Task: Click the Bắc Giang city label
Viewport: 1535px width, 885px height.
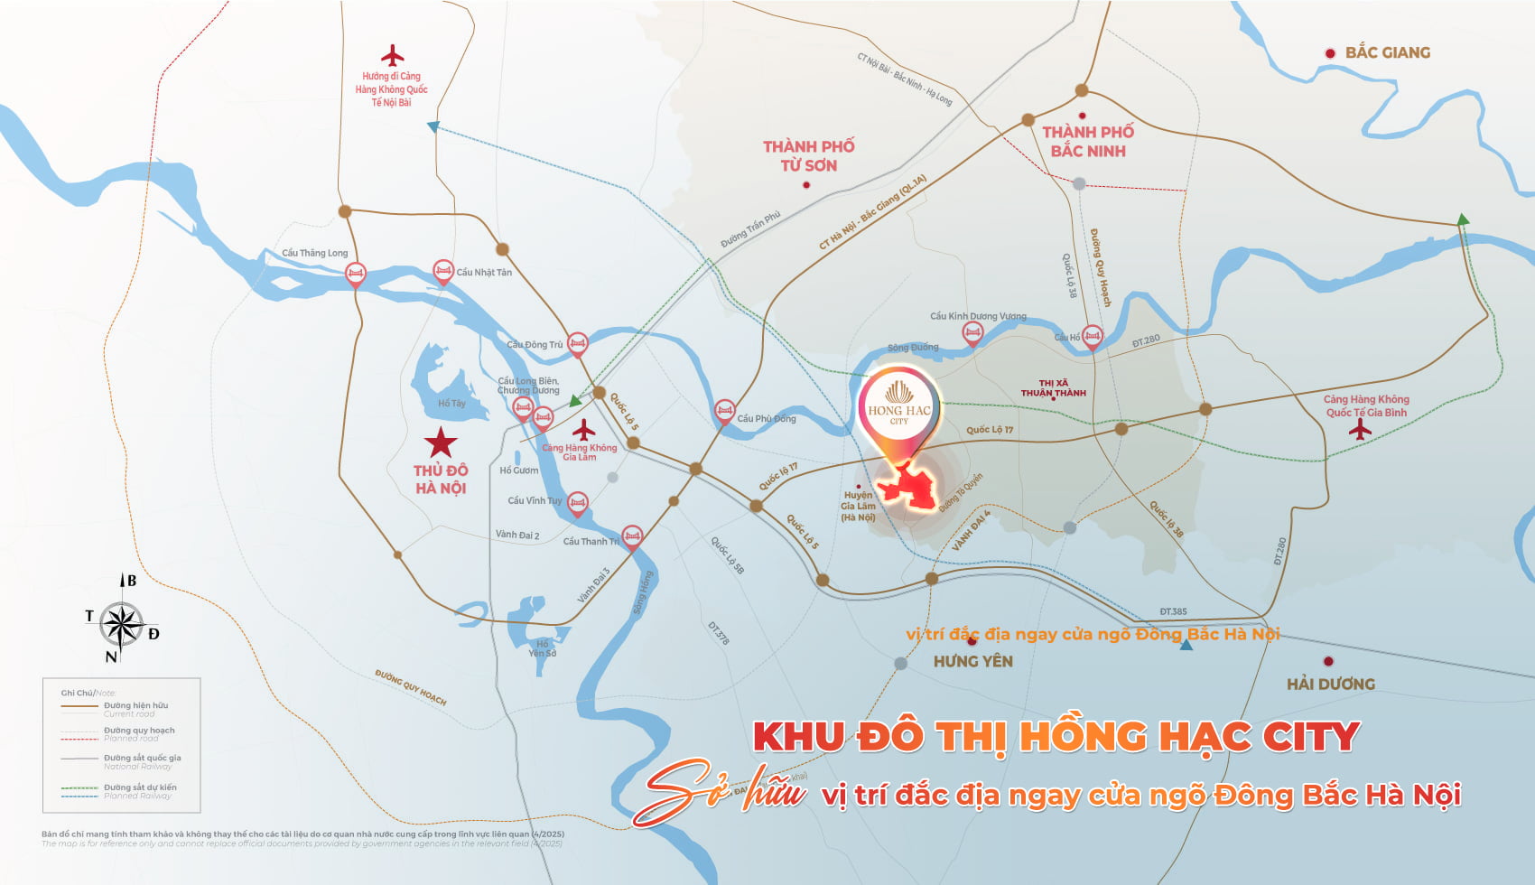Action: click(1387, 52)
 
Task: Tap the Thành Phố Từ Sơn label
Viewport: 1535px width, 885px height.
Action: click(808, 155)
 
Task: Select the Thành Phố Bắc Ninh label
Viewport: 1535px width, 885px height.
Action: click(1088, 142)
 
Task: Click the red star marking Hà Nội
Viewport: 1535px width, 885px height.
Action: click(441, 442)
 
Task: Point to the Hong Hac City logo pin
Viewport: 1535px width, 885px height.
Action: click(899, 411)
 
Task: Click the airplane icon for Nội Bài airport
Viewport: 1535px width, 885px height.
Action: click(392, 56)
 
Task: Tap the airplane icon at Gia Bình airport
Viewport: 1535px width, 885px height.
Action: click(1360, 430)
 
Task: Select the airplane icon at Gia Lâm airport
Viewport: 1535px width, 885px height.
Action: click(584, 430)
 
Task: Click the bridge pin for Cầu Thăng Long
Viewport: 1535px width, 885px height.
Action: click(356, 274)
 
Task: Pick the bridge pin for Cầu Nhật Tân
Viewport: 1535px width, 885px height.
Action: click(442, 271)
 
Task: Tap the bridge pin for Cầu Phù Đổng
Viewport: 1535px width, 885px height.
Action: click(724, 412)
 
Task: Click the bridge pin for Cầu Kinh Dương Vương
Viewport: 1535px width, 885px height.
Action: click(972, 333)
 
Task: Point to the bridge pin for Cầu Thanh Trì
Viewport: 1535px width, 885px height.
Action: click(632, 537)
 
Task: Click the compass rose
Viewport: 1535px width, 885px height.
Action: click(121, 624)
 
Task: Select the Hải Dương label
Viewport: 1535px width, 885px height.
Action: click(1331, 684)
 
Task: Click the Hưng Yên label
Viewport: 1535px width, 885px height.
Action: click(972, 661)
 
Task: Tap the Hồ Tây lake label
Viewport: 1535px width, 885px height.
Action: click(451, 404)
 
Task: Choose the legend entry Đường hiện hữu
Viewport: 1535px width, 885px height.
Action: click(135, 705)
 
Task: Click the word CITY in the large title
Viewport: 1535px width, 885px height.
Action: click(1310, 737)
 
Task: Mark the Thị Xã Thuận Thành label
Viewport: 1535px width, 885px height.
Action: click(1053, 388)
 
